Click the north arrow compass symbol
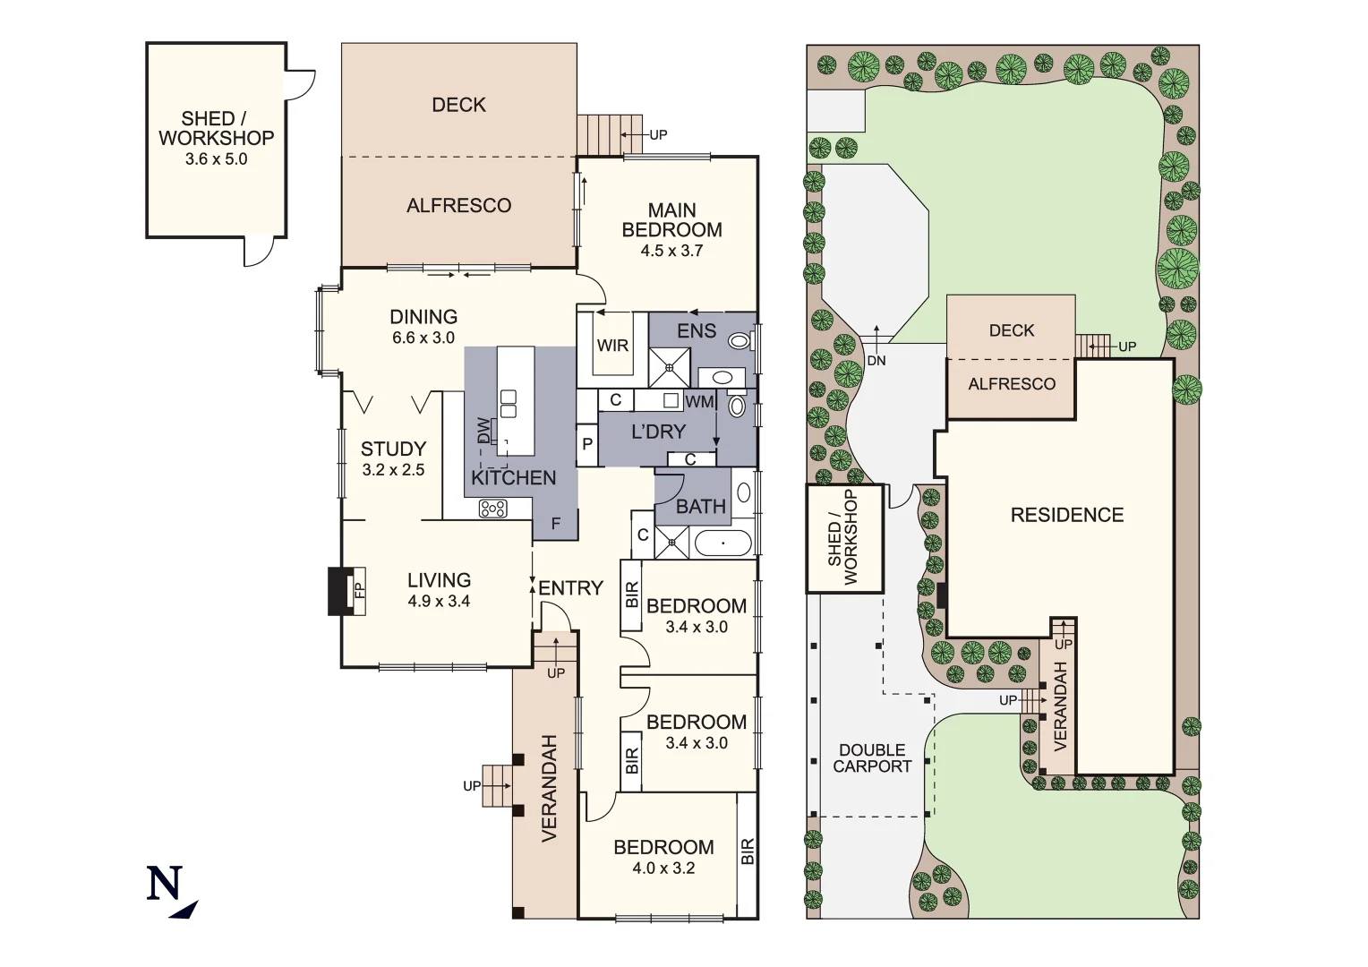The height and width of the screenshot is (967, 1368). [x=170, y=892]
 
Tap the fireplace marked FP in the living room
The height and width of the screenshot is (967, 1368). [x=359, y=591]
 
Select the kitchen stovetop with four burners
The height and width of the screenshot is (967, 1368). [x=493, y=509]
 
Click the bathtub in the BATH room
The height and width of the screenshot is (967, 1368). [x=722, y=543]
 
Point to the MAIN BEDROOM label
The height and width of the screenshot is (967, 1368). [x=671, y=220]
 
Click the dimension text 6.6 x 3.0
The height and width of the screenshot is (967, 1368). [x=423, y=338]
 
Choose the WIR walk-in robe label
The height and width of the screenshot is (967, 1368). [x=612, y=346]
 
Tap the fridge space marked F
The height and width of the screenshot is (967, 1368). [x=556, y=524]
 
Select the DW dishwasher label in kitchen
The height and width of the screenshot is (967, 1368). [x=484, y=431]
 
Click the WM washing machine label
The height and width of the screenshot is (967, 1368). [x=699, y=402]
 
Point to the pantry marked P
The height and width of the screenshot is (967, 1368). [x=587, y=444]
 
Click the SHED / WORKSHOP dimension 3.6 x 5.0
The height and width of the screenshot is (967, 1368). [x=216, y=159]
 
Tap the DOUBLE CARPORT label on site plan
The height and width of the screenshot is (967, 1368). [x=872, y=758]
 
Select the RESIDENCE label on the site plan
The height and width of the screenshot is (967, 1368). [x=1066, y=515]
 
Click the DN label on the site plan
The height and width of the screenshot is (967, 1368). [x=876, y=361]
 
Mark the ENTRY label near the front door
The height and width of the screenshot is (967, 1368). [x=570, y=588]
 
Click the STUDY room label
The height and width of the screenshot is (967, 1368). [x=393, y=449]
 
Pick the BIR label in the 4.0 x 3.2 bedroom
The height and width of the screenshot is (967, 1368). [x=748, y=851]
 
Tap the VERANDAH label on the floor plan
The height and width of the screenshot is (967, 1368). [x=549, y=788]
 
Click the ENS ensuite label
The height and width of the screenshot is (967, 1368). [x=697, y=331]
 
